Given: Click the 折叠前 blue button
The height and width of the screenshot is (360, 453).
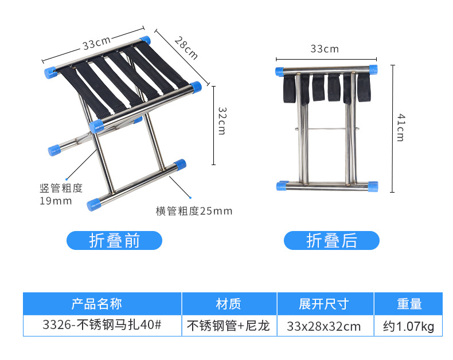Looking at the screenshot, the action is tap(115, 241).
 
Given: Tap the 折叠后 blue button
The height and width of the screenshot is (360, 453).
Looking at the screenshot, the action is tap(331, 241).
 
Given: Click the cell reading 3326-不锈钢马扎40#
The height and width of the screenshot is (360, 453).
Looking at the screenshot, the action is tap(102, 326).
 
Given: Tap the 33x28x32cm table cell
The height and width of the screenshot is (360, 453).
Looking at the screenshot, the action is tap(325, 326).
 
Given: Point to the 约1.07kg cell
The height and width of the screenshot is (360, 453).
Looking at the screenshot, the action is tap(409, 326).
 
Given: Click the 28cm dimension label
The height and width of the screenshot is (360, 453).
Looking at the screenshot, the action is tap(185, 48).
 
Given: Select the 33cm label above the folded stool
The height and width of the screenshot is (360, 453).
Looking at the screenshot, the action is tap(325, 49).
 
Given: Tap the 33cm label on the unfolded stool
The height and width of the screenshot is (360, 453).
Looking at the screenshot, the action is tap(96, 44).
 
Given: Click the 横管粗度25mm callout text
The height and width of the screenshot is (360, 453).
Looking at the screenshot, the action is tap(194, 211).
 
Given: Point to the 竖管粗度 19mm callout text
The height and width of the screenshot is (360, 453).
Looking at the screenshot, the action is tap(61, 194).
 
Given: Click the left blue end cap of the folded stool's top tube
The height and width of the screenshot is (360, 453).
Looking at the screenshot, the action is tap(279, 71).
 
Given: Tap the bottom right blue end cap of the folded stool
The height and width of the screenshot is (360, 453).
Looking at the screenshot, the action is tap(373, 186).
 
